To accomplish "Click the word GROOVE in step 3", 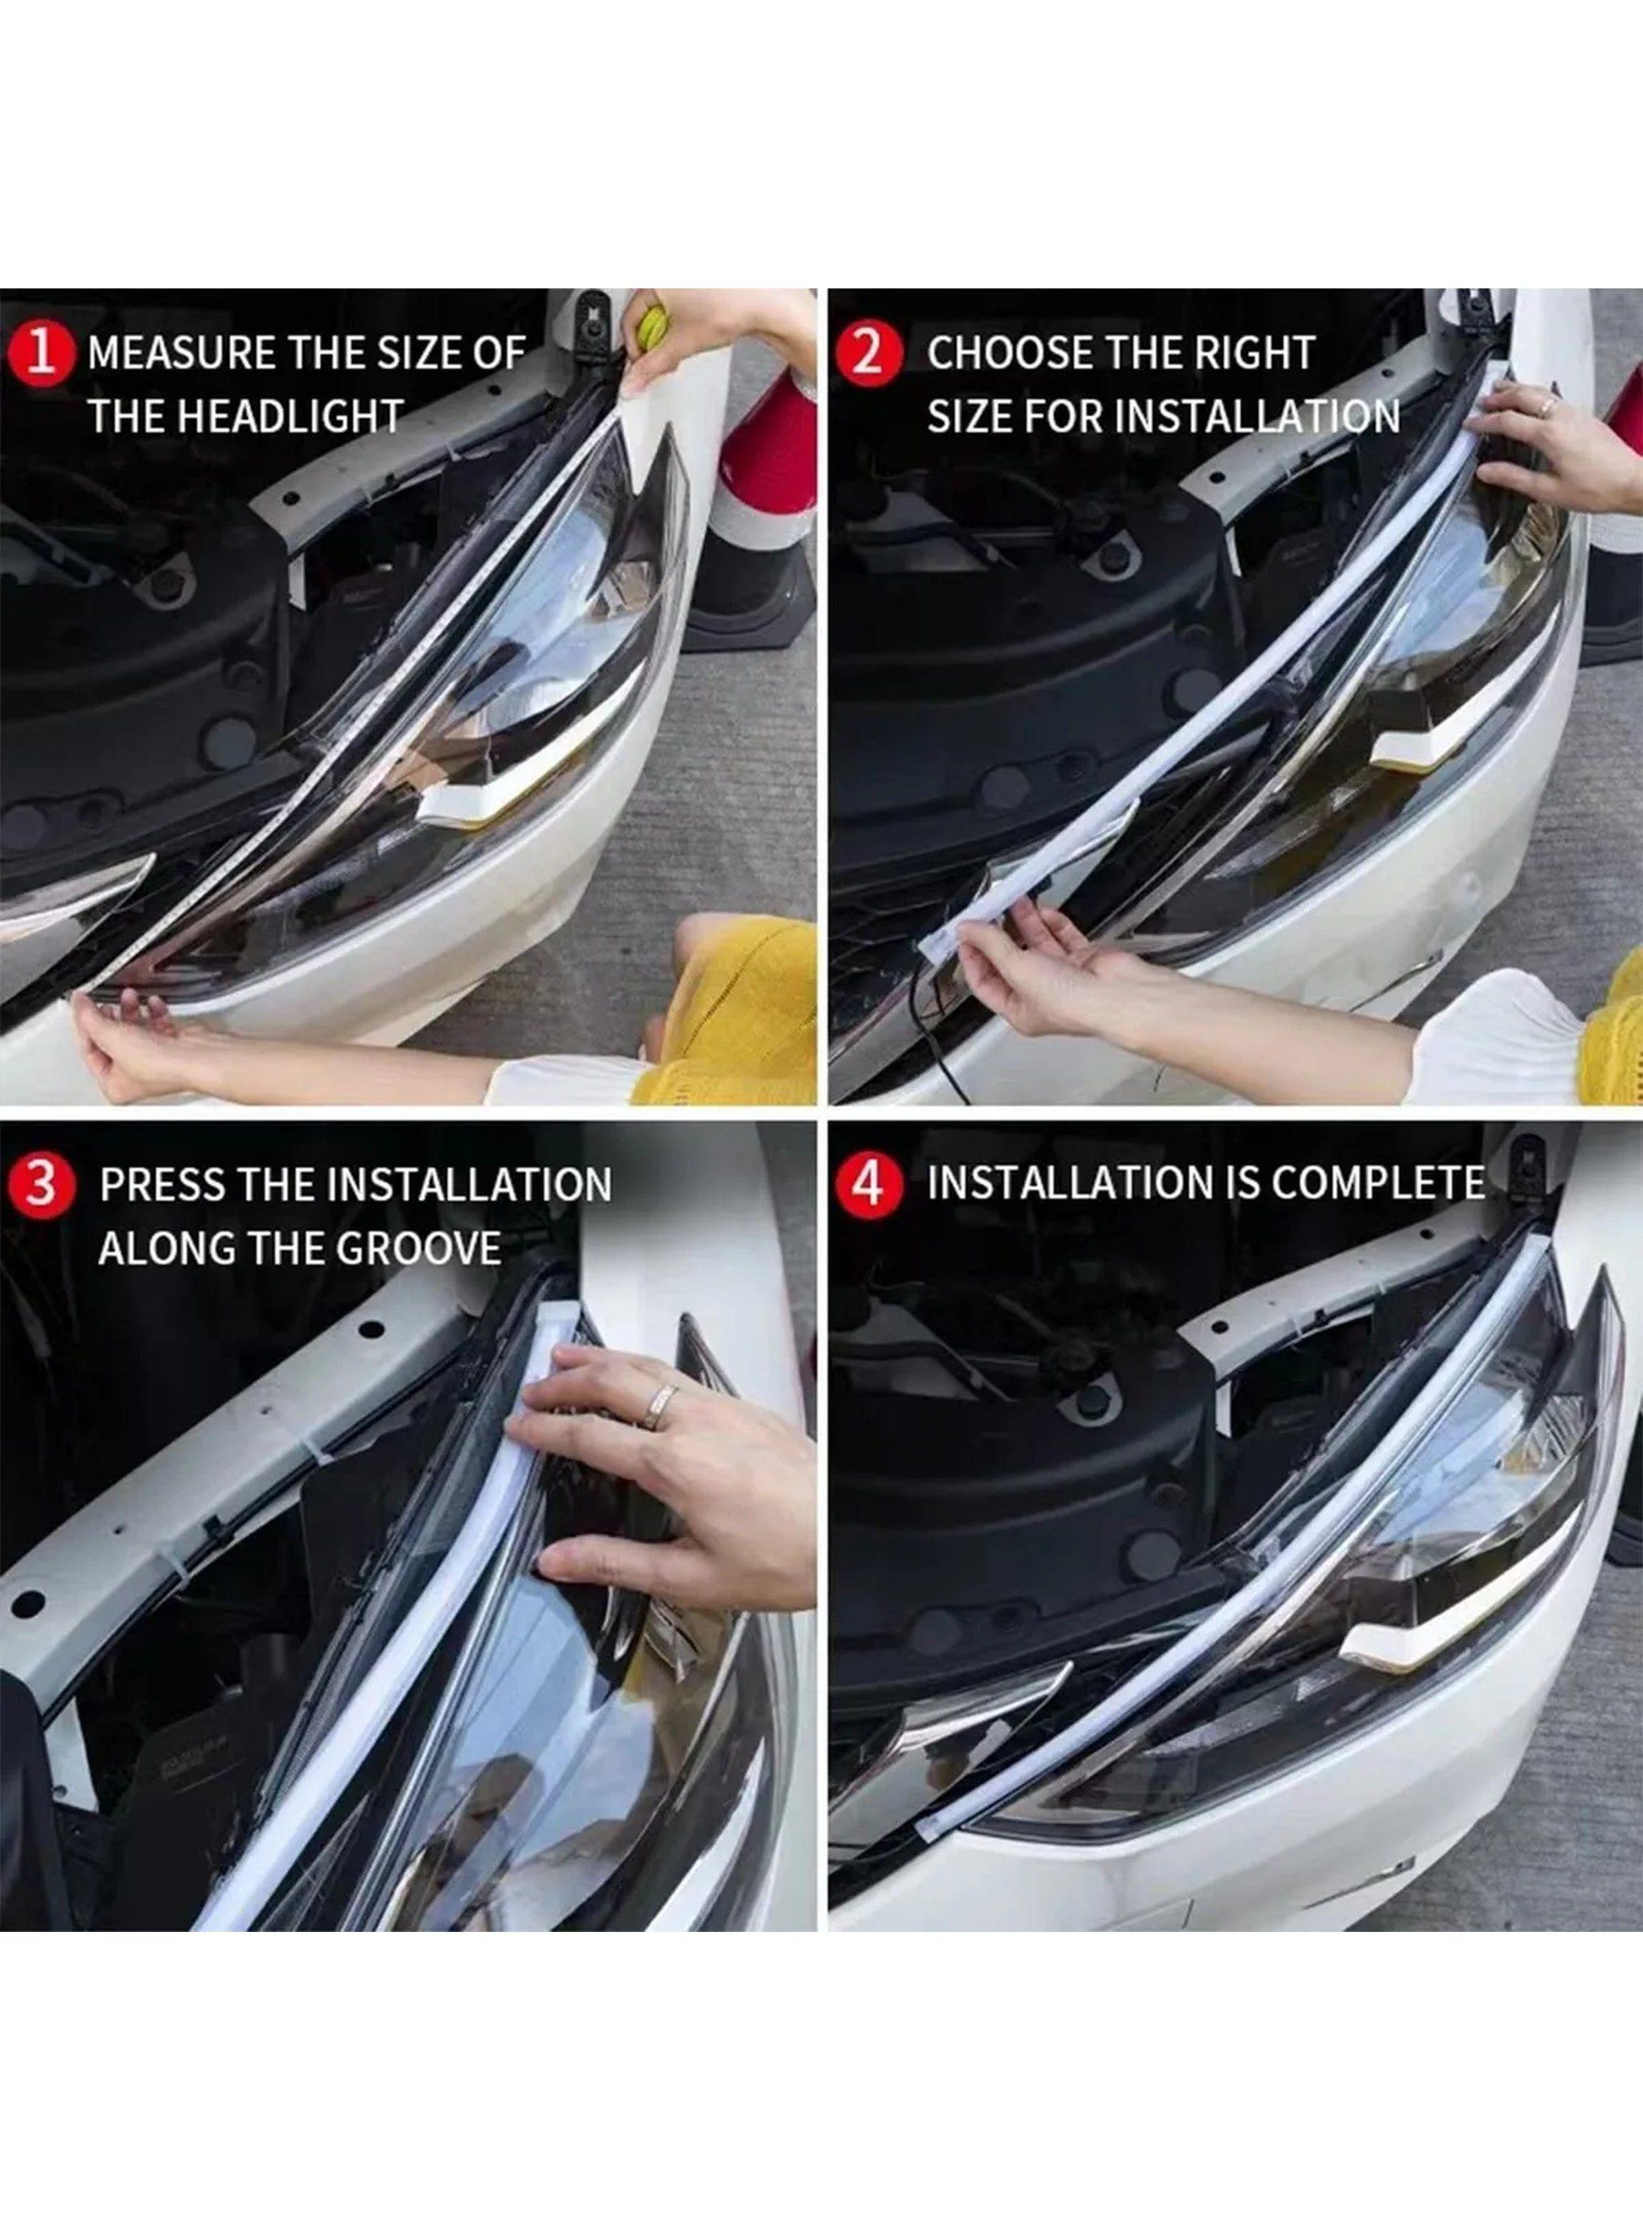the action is pos(419,1247).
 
